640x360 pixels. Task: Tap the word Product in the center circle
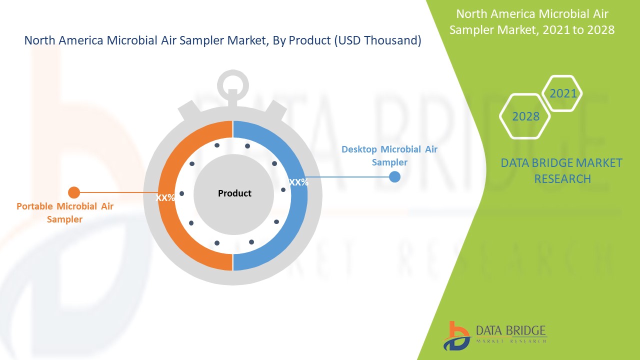coord(234,193)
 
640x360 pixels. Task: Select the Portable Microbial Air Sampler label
coord(65,212)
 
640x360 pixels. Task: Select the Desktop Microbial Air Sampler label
coord(389,155)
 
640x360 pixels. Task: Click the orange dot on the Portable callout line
coord(74,192)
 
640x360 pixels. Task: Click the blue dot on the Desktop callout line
coord(394,176)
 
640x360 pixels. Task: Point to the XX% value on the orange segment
coord(165,198)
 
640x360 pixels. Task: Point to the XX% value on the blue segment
coord(298,182)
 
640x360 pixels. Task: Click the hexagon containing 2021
coord(563,93)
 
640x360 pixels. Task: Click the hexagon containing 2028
coord(525,116)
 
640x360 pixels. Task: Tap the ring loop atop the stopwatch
coord(233,80)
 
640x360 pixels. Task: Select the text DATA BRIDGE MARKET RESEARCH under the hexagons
coord(562,170)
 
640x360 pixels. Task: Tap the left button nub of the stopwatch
coord(186,109)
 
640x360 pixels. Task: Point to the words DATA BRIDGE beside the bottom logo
coord(511,330)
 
